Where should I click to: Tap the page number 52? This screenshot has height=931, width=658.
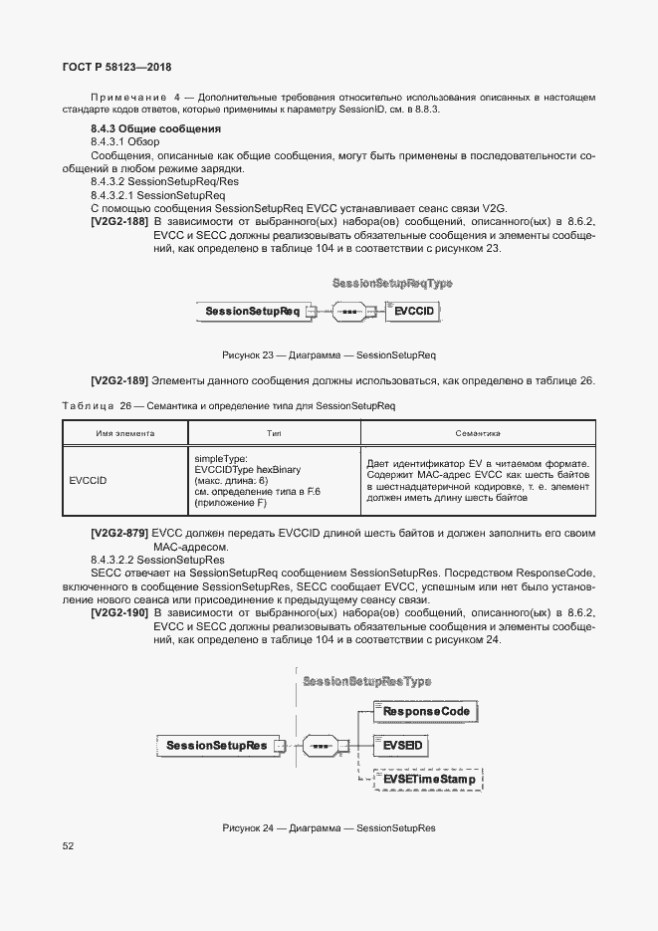point(69,846)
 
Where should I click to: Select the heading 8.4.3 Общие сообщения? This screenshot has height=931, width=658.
point(155,129)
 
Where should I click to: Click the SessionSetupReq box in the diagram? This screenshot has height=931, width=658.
point(253,312)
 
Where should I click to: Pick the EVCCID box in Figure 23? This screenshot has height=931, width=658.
point(413,312)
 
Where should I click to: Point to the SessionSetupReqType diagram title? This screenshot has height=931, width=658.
point(392,283)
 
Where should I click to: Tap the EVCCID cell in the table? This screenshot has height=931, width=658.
point(88,480)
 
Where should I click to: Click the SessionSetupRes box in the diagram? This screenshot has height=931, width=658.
point(216,744)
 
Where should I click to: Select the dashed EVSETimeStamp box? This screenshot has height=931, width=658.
point(428,779)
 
